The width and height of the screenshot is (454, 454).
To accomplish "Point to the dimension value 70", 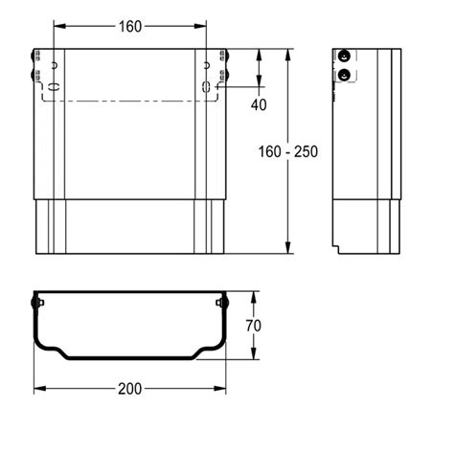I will coord(253,326).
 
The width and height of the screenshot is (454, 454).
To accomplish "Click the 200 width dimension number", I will coord(130,389).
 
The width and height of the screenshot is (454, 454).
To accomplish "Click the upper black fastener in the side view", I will coord(344,57).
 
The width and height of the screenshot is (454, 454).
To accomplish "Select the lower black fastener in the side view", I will coord(344,75).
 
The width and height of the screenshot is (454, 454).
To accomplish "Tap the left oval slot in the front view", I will coord(54,86).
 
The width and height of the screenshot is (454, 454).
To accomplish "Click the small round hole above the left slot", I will coord(55,66).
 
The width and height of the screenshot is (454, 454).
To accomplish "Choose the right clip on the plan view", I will coord(224,304).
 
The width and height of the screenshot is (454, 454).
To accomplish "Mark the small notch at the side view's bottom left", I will coord(337,248).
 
